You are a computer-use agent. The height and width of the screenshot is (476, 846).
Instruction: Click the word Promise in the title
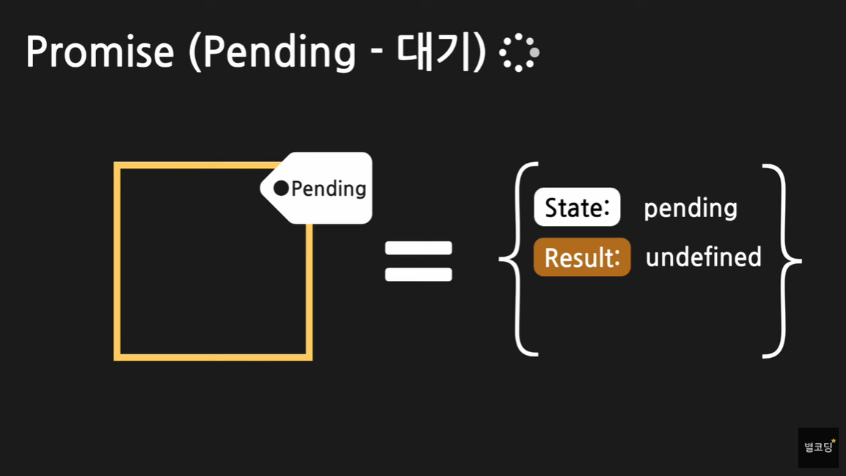pos(100,52)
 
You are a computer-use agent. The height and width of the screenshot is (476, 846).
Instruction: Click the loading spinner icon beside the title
pos(519,52)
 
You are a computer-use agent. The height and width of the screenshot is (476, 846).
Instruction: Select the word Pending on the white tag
pos(329,188)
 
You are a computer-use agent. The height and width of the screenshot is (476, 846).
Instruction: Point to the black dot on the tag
pos(281,188)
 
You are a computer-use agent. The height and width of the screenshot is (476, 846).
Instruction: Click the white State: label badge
pos(577,208)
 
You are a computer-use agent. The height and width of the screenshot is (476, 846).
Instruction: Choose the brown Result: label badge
pos(582,257)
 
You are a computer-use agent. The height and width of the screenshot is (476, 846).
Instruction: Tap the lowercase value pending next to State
pos(690,208)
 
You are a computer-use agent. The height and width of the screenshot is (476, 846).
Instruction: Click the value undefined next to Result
pos(704,257)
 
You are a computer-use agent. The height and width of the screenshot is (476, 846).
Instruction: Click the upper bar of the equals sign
pos(418,247)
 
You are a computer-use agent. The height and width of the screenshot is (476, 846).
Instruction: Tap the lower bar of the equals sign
pos(418,274)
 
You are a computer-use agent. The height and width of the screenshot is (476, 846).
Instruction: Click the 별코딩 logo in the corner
pos(818,447)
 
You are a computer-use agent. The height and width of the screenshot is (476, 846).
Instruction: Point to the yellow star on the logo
pos(834,441)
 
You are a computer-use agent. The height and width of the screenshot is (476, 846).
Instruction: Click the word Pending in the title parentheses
pos(279,52)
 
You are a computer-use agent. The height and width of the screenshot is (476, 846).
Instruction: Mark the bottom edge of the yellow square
pos(213,357)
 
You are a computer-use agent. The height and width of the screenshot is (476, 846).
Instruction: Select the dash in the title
pos(375,54)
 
